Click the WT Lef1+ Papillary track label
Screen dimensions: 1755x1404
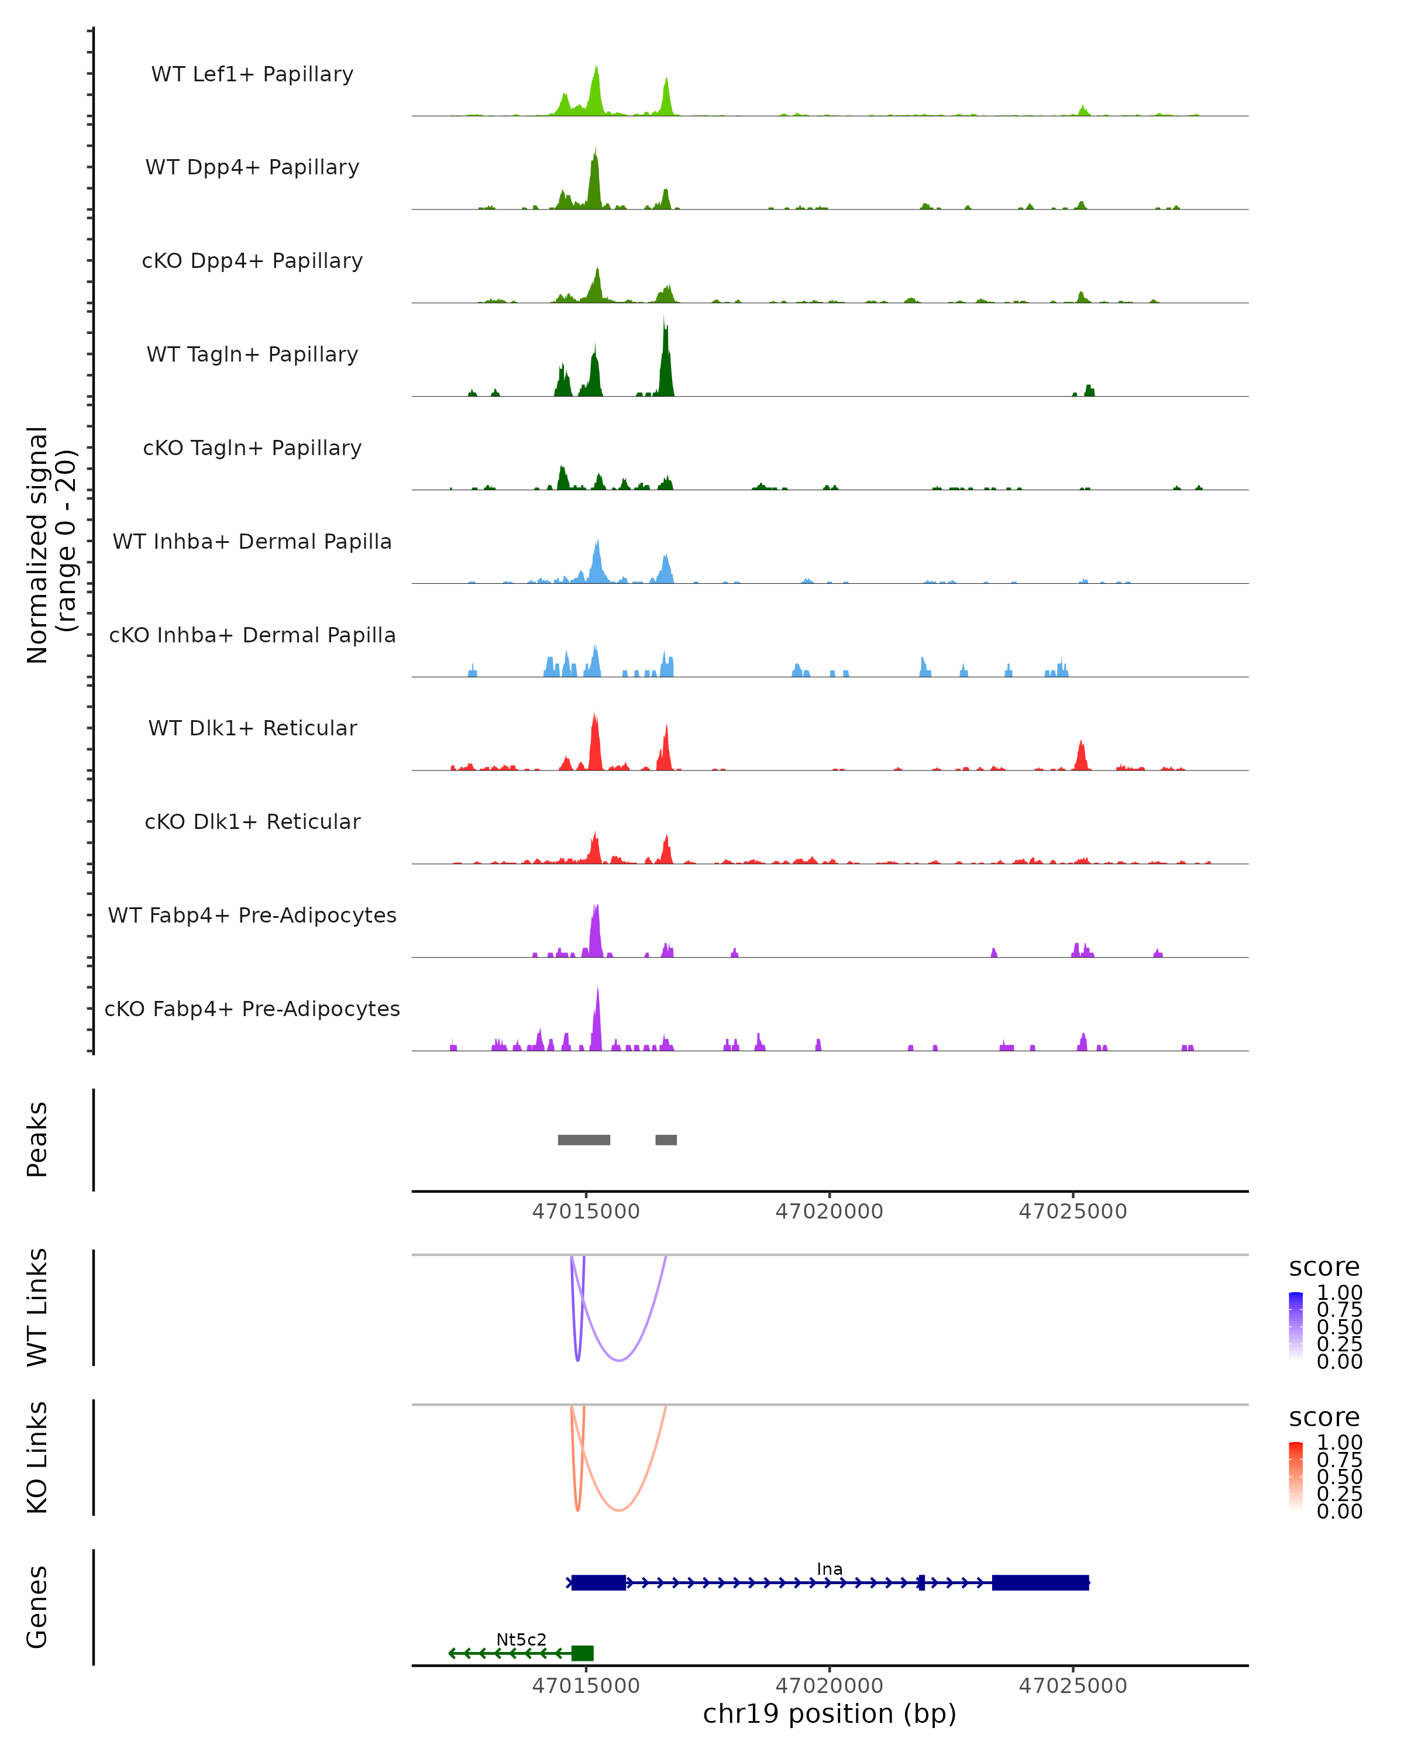pos(252,74)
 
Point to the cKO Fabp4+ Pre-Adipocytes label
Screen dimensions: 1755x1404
pos(252,1009)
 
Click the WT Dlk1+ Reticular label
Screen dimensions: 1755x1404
pos(252,728)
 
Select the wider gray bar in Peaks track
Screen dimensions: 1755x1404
pos(584,1140)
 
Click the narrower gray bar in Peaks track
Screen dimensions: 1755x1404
pos(666,1140)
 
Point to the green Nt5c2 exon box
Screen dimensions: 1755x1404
pos(582,1653)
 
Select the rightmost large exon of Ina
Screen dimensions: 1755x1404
pos(1040,1582)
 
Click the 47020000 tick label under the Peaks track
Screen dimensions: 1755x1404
pos(830,1212)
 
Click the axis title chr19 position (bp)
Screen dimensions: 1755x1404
pos(830,1713)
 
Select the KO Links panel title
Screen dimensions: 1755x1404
pos(37,1458)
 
